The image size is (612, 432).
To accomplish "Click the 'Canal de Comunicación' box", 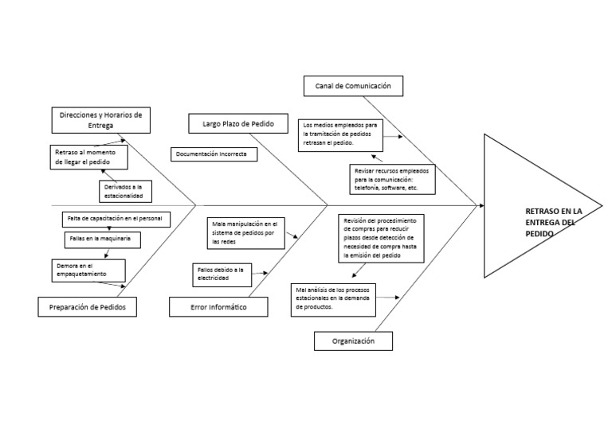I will tap(352, 86).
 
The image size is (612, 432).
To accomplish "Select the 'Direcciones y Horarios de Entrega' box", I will tap(100, 120).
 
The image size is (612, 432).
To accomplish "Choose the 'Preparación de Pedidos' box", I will tap(87, 306).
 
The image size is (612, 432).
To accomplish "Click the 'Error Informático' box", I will tap(218, 306).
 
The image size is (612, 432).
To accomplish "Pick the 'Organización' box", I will tap(352, 341).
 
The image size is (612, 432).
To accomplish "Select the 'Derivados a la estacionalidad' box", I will tap(124, 191).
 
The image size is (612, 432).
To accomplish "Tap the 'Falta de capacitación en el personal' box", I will tap(116, 218).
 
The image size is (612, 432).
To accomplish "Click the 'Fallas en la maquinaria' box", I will tap(101, 238).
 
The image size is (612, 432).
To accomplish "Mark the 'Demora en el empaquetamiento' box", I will tap(88, 270).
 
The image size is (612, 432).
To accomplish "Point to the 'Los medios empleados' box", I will tap(340, 135).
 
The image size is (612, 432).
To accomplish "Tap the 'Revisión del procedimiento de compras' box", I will tap(382, 238).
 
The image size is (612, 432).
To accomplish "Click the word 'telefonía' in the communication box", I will tap(368, 189).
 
